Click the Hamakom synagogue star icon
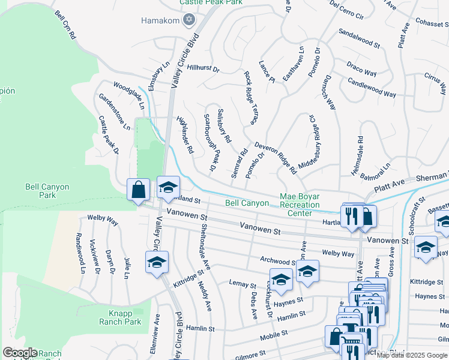[189, 20]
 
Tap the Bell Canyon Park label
[49, 191]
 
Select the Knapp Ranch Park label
[119, 317]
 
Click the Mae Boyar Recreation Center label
[300, 205]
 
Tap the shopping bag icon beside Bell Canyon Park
[138, 190]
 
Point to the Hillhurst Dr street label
[203, 68]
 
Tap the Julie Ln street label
[127, 268]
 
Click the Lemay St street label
[243, 283]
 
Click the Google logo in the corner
[20, 353]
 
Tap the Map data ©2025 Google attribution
[403, 355]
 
